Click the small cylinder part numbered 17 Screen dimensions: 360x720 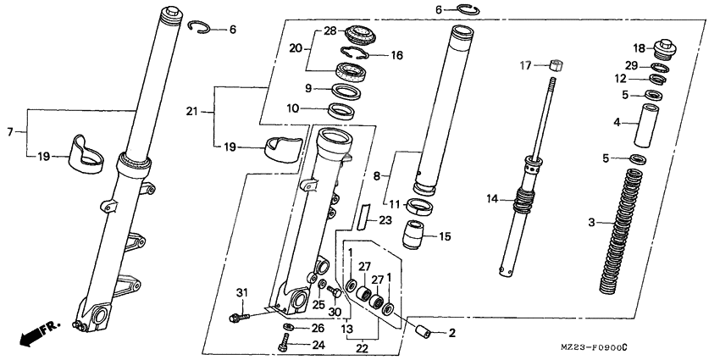(554, 64)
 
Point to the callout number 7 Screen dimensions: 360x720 (11, 132)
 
